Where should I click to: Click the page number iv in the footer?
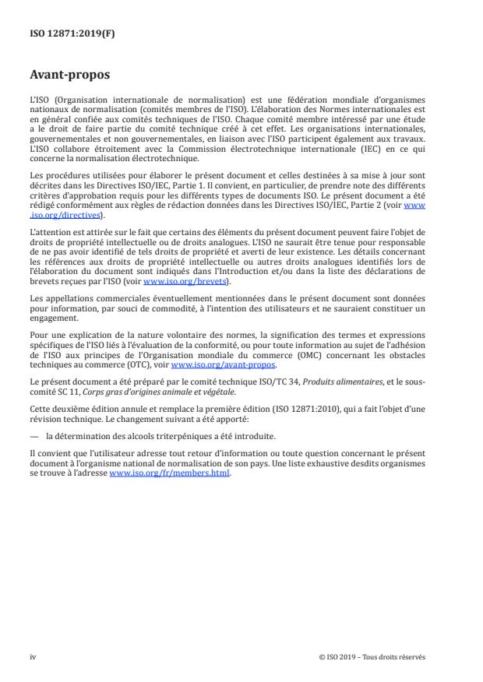click(x=33, y=656)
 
